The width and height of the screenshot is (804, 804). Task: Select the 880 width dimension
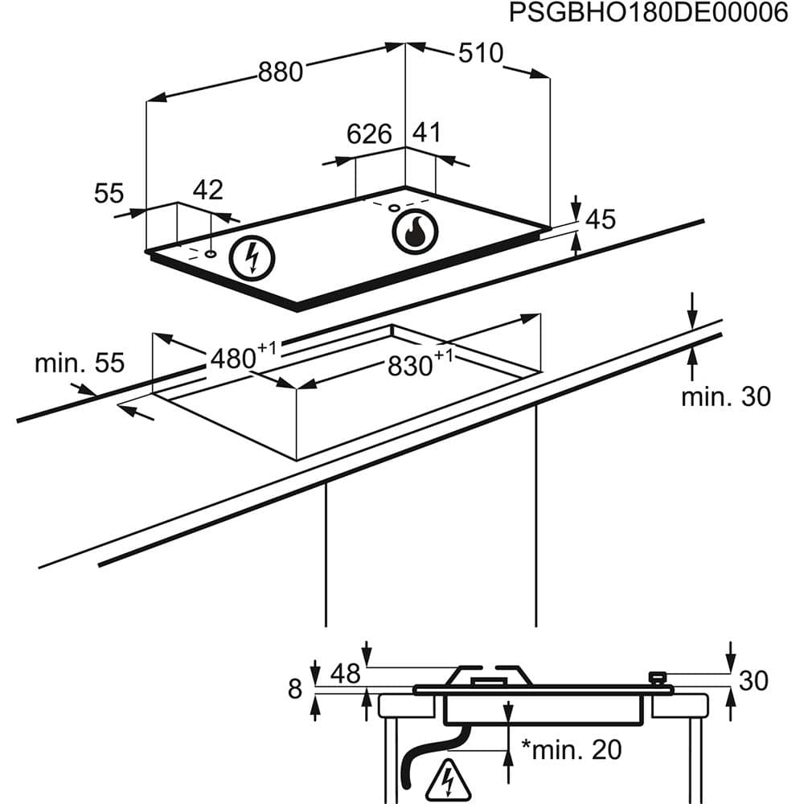pos(281,72)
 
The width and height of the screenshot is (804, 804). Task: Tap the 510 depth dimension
pos(480,54)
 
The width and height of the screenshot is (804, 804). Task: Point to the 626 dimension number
pos(369,134)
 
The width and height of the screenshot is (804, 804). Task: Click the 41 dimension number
pos(427,133)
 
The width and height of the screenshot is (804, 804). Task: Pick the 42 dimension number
pos(207,191)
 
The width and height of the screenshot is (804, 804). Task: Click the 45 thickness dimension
pos(601,219)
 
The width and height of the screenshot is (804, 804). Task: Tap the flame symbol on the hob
pos(415,232)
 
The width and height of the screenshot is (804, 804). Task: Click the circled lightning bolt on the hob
pos(252,259)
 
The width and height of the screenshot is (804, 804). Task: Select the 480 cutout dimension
pos(233,359)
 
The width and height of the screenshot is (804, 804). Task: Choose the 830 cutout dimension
pos(411,367)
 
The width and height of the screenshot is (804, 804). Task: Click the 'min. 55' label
pos(80,363)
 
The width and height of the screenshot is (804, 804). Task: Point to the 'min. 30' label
pos(725,396)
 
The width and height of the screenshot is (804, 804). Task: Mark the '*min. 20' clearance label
pos(572,750)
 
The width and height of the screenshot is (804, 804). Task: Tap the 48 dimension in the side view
pos(346,673)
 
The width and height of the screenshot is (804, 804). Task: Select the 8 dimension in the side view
pos(295,689)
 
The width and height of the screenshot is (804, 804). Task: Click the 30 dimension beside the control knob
pos(753,681)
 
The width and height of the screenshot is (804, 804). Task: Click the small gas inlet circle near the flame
pos(394,209)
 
